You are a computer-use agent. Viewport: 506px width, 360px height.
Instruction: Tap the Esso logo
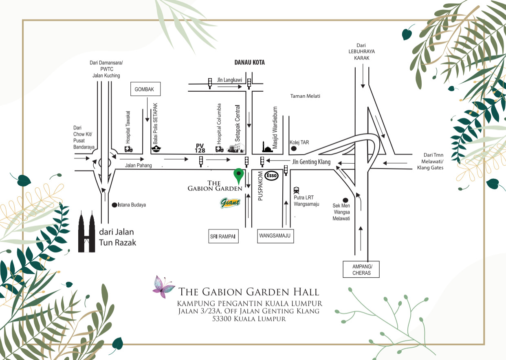(x=272, y=176)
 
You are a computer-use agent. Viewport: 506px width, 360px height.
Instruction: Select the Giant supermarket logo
(x=231, y=202)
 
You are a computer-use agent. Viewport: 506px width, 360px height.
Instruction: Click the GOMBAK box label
(x=145, y=89)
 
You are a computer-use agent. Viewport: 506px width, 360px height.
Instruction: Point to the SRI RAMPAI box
(x=223, y=237)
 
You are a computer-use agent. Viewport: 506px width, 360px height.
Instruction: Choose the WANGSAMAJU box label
(x=275, y=236)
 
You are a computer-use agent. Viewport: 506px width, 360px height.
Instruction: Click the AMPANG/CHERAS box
(x=361, y=269)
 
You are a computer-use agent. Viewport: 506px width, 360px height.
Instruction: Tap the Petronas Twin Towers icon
(x=86, y=231)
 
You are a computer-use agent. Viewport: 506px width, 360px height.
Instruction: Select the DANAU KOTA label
(x=249, y=63)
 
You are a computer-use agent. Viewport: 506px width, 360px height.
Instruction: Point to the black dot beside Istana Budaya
(x=114, y=205)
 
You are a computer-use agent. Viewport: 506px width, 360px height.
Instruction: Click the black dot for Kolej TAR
(x=293, y=149)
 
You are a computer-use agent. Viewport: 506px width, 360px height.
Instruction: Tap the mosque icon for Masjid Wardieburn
(x=266, y=147)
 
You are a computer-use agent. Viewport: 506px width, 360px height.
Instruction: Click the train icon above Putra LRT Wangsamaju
(x=296, y=190)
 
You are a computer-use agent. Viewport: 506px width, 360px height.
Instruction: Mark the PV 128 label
(x=200, y=148)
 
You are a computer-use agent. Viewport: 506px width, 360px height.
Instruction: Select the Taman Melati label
(x=305, y=96)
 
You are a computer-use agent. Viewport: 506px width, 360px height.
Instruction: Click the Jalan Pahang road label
(x=139, y=165)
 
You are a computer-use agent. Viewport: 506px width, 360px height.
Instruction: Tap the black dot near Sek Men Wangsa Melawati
(x=345, y=200)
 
